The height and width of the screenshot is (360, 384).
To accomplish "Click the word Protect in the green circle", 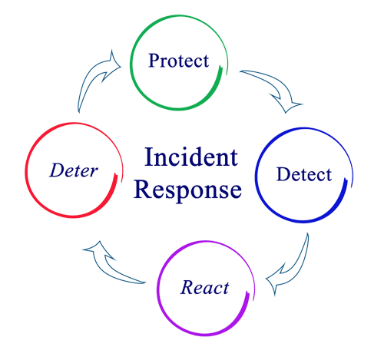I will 178,61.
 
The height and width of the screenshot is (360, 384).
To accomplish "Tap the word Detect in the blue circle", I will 305,175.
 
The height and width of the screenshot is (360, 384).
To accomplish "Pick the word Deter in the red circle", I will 74,170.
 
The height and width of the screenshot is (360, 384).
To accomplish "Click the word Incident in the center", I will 187,160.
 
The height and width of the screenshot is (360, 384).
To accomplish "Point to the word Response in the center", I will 188,190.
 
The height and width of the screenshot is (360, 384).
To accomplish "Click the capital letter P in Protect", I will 154,60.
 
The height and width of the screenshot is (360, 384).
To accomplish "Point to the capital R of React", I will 187,289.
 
